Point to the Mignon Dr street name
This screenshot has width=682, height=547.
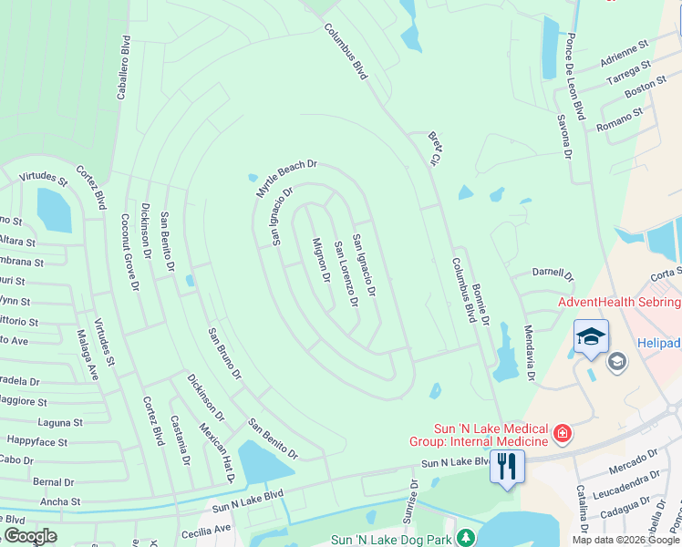[x=320, y=260]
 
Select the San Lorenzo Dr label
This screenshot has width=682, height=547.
[x=346, y=273]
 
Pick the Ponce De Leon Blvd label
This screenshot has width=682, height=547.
[x=574, y=77]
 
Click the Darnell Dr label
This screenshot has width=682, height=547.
[x=553, y=273]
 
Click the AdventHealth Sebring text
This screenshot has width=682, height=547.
[x=619, y=302]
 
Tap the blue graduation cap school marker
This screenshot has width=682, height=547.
[x=590, y=337]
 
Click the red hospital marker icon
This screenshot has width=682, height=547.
[x=563, y=432]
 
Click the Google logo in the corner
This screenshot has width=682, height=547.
[x=30, y=536]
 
